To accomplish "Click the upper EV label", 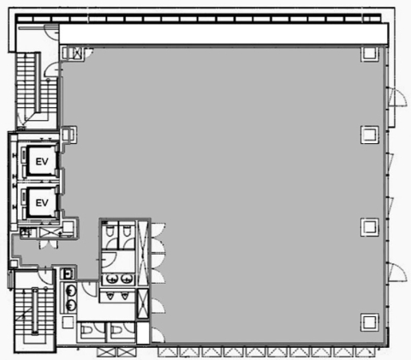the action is click(x=42, y=162).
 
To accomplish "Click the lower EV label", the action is click(x=42, y=203).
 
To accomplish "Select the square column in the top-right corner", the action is click(x=370, y=54).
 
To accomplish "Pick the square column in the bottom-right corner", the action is click(x=370, y=322).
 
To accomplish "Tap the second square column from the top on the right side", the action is click(x=370, y=135).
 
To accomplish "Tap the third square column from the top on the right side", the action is click(x=370, y=227).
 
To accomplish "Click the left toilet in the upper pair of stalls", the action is click(x=110, y=231).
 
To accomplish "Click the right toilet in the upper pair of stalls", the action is click(x=127, y=231).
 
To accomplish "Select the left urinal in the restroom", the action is click(x=110, y=296).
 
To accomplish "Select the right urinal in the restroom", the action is click(x=125, y=296).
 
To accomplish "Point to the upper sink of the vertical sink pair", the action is click(x=70, y=291).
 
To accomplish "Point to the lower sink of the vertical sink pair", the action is click(x=70, y=305).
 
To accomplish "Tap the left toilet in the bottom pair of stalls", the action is click(x=88, y=331).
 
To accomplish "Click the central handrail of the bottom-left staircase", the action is click(x=35, y=311).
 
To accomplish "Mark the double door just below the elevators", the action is click(x=49, y=245).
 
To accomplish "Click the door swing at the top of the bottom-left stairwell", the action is click(x=45, y=277).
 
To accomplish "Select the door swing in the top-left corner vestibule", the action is click(x=52, y=32).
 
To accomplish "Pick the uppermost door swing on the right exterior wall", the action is click(x=397, y=97).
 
